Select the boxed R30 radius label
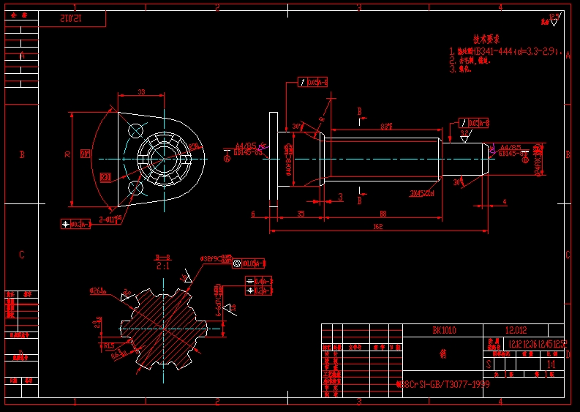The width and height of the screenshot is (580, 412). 105,177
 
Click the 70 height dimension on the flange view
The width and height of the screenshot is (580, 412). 67,154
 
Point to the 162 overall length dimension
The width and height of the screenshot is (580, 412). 377,227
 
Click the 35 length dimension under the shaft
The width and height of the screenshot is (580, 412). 301,214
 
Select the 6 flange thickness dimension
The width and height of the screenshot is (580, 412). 253,214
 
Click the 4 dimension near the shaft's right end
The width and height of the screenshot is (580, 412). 504,202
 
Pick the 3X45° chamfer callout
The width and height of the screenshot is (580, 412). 422,194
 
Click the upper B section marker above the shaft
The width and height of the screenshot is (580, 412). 359,111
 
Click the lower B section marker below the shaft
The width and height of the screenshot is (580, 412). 359,200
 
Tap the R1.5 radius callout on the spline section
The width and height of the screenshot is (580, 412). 108,345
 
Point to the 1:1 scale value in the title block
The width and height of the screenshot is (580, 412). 551,364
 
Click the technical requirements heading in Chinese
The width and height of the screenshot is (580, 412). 486,39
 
